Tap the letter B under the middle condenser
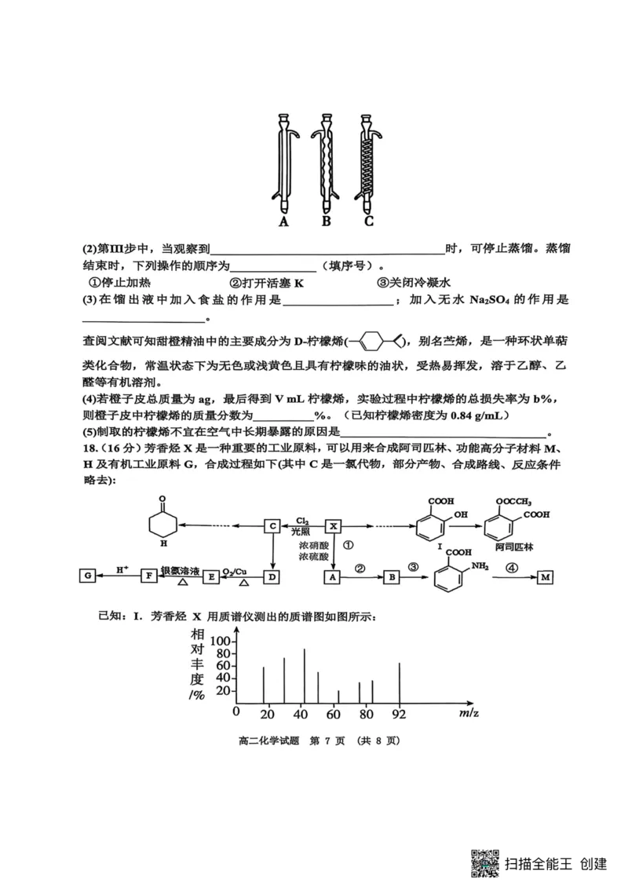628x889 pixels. click(326, 221)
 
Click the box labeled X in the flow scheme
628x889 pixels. click(334, 525)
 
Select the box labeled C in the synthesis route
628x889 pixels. click(272, 525)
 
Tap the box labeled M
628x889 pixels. click(546, 577)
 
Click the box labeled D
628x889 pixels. click(272, 577)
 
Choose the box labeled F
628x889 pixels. click(148, 576)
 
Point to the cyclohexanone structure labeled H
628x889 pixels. click(163, 521)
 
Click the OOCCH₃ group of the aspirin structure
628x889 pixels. click(513, 503)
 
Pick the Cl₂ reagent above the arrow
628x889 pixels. click(302, 520)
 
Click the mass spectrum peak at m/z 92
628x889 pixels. click(400, 684)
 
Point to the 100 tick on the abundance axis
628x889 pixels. click(222, 640)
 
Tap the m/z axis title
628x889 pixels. click(470, 712)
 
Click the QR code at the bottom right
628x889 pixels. click(485, 861)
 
